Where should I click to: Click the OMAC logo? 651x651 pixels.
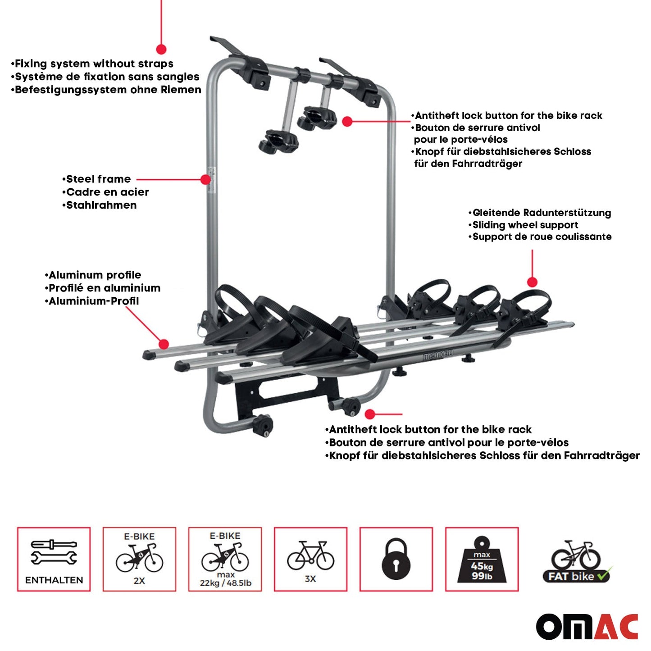(x=587, y=626)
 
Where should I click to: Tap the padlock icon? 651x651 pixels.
(x=396, y=559)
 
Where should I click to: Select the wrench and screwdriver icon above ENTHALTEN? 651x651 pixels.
(x=54, y=552)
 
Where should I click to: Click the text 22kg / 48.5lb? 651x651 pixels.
(x=226, y=583)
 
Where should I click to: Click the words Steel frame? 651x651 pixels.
(x=98, y=179)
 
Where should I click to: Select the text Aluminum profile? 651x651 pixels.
(x=95, y=275)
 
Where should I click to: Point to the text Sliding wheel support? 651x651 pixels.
(x=525, y=225)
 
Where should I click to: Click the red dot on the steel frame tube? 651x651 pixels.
(x=205, y=179)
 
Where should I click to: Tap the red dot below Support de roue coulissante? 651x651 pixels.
(x=532, y=282)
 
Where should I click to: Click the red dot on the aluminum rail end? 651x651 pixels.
(x=164, y=344)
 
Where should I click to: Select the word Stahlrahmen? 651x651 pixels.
(x=101, y=205)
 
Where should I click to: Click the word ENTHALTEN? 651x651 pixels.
(x=54, y=580)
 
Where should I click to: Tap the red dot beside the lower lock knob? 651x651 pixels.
(x=370, y=414)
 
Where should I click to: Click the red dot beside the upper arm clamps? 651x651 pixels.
(x=347, y=121)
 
